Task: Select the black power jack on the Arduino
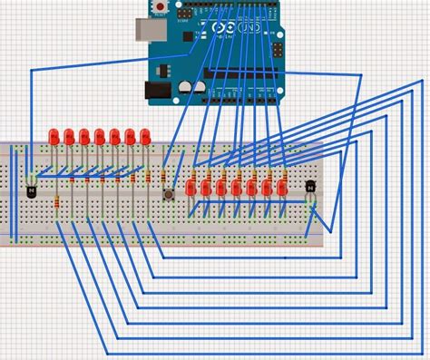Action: (x=156, y=89)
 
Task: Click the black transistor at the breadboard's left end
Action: (x=33, y=190)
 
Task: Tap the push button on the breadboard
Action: (x=168, y=194)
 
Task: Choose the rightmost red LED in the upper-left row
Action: (x=145, y=136)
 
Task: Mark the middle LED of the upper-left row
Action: (x=99, y=136)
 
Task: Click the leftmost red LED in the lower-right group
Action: (x=191, y=188)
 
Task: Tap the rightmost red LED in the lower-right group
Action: (x=281, y=187)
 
